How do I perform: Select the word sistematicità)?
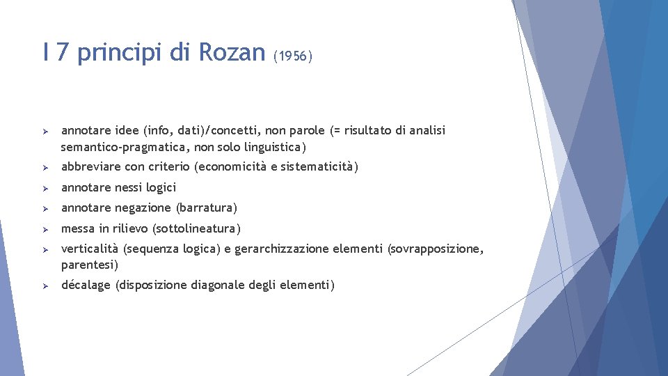click(322, 167)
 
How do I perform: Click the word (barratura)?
click(207, 208)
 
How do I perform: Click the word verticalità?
click(90, 249)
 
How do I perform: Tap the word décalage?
click(86, 285)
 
